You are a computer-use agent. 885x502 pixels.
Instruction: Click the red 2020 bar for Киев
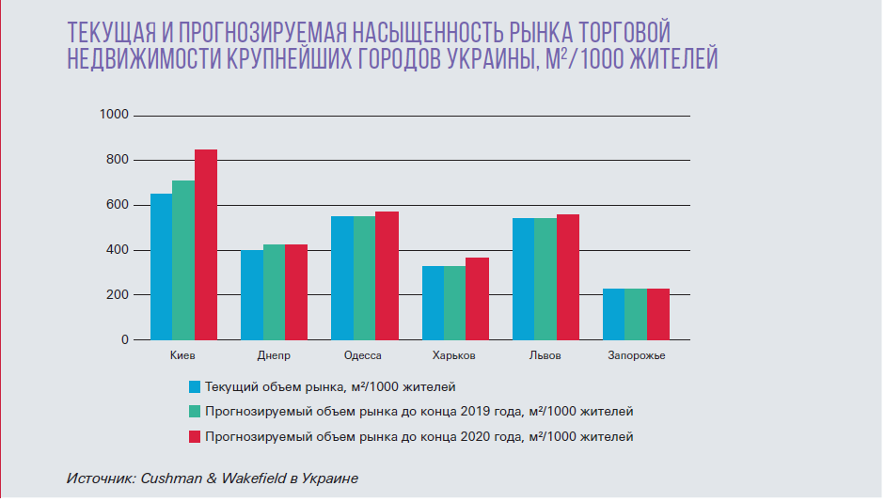click(x=206, y=244)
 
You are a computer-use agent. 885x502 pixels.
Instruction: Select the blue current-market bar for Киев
click(x=161, y=267)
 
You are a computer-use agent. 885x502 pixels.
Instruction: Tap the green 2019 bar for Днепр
click(x=274, y=292)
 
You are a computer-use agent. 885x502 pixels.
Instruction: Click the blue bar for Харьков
click(x=433, y=303)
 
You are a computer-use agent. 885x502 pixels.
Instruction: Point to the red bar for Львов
click(x=567, y=277)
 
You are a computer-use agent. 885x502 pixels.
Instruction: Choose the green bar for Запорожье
click(x=636, y=314)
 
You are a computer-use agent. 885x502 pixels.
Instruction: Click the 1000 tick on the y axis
click(x=115, y=115)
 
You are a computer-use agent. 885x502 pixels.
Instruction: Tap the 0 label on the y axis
click(x=124, y=339)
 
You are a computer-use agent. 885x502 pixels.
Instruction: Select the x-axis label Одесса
click(x=363, y=356)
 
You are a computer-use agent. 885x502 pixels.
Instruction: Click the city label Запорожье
click(x=636, y=356)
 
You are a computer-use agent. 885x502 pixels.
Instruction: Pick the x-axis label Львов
click(x=545, y=356)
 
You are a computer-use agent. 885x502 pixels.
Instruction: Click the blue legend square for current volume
click(x=195, y=386)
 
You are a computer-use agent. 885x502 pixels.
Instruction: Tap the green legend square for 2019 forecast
click(x=195, y=411)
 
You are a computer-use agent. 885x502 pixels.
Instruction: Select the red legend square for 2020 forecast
click(x=195, y=436)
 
